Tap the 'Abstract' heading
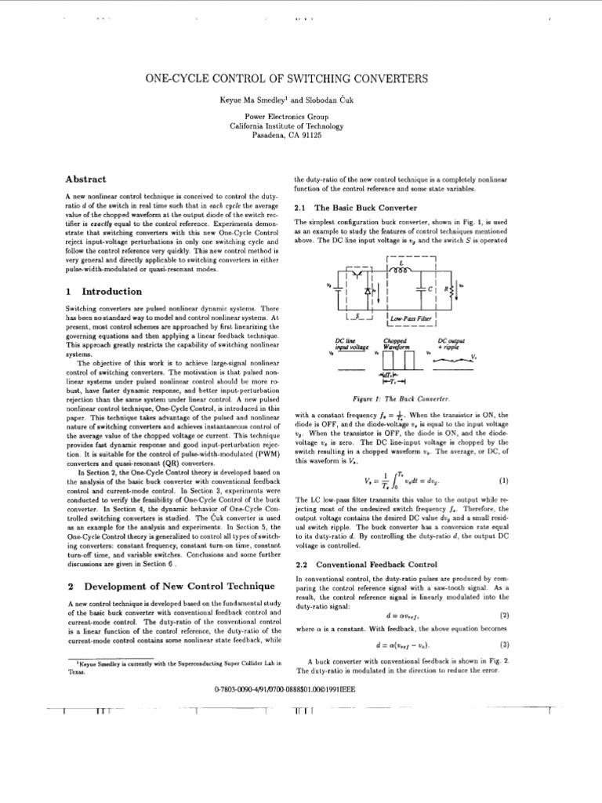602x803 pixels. click(86, 180)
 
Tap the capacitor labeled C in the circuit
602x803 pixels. click(429, 289)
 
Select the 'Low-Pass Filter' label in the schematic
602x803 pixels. click(412, 318)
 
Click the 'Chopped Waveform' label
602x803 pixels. click(394, 344)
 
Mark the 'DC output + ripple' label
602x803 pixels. click(451, 344)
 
